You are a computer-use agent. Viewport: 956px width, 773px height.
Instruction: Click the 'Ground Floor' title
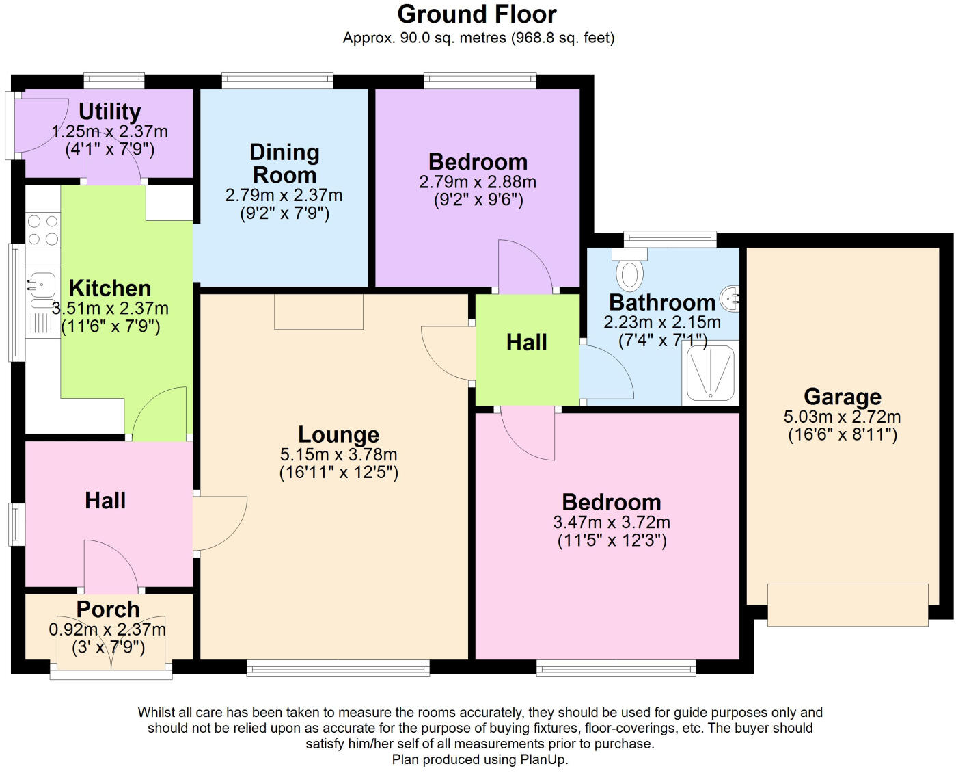tap(477, 14)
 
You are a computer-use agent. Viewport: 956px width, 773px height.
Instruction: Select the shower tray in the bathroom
tap(710, 372)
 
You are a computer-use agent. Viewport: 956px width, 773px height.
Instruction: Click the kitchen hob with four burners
tap(42, 230)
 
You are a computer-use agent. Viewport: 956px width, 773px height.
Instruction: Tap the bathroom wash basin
tap(730, 298)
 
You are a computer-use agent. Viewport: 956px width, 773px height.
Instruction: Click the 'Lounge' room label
tap(338, 434)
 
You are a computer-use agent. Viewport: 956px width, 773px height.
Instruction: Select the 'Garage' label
tap(843, 397)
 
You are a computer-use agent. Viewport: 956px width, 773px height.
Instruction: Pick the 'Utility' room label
tap(109, 112)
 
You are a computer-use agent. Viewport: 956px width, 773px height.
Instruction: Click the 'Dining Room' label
tap(284, 163)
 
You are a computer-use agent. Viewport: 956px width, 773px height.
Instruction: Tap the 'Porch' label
tap(108, 610)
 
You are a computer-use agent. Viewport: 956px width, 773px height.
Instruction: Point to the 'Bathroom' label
tap(662, 302)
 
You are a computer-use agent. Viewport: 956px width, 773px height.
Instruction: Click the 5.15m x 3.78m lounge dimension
tap(338, 454)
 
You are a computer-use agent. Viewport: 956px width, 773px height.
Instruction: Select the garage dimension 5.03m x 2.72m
tap(842, 417)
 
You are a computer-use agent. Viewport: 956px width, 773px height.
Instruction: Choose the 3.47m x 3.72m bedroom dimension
tap(612, 523)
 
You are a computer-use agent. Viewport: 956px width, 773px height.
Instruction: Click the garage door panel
tap(848, 605)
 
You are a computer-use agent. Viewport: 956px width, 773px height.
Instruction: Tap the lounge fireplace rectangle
tap(318, 312)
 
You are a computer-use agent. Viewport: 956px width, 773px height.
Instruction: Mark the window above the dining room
tap(277, 81)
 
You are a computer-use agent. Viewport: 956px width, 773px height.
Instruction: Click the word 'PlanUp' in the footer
tap(543, 759)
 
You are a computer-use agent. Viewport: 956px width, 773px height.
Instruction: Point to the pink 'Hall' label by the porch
tap(105, 500)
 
